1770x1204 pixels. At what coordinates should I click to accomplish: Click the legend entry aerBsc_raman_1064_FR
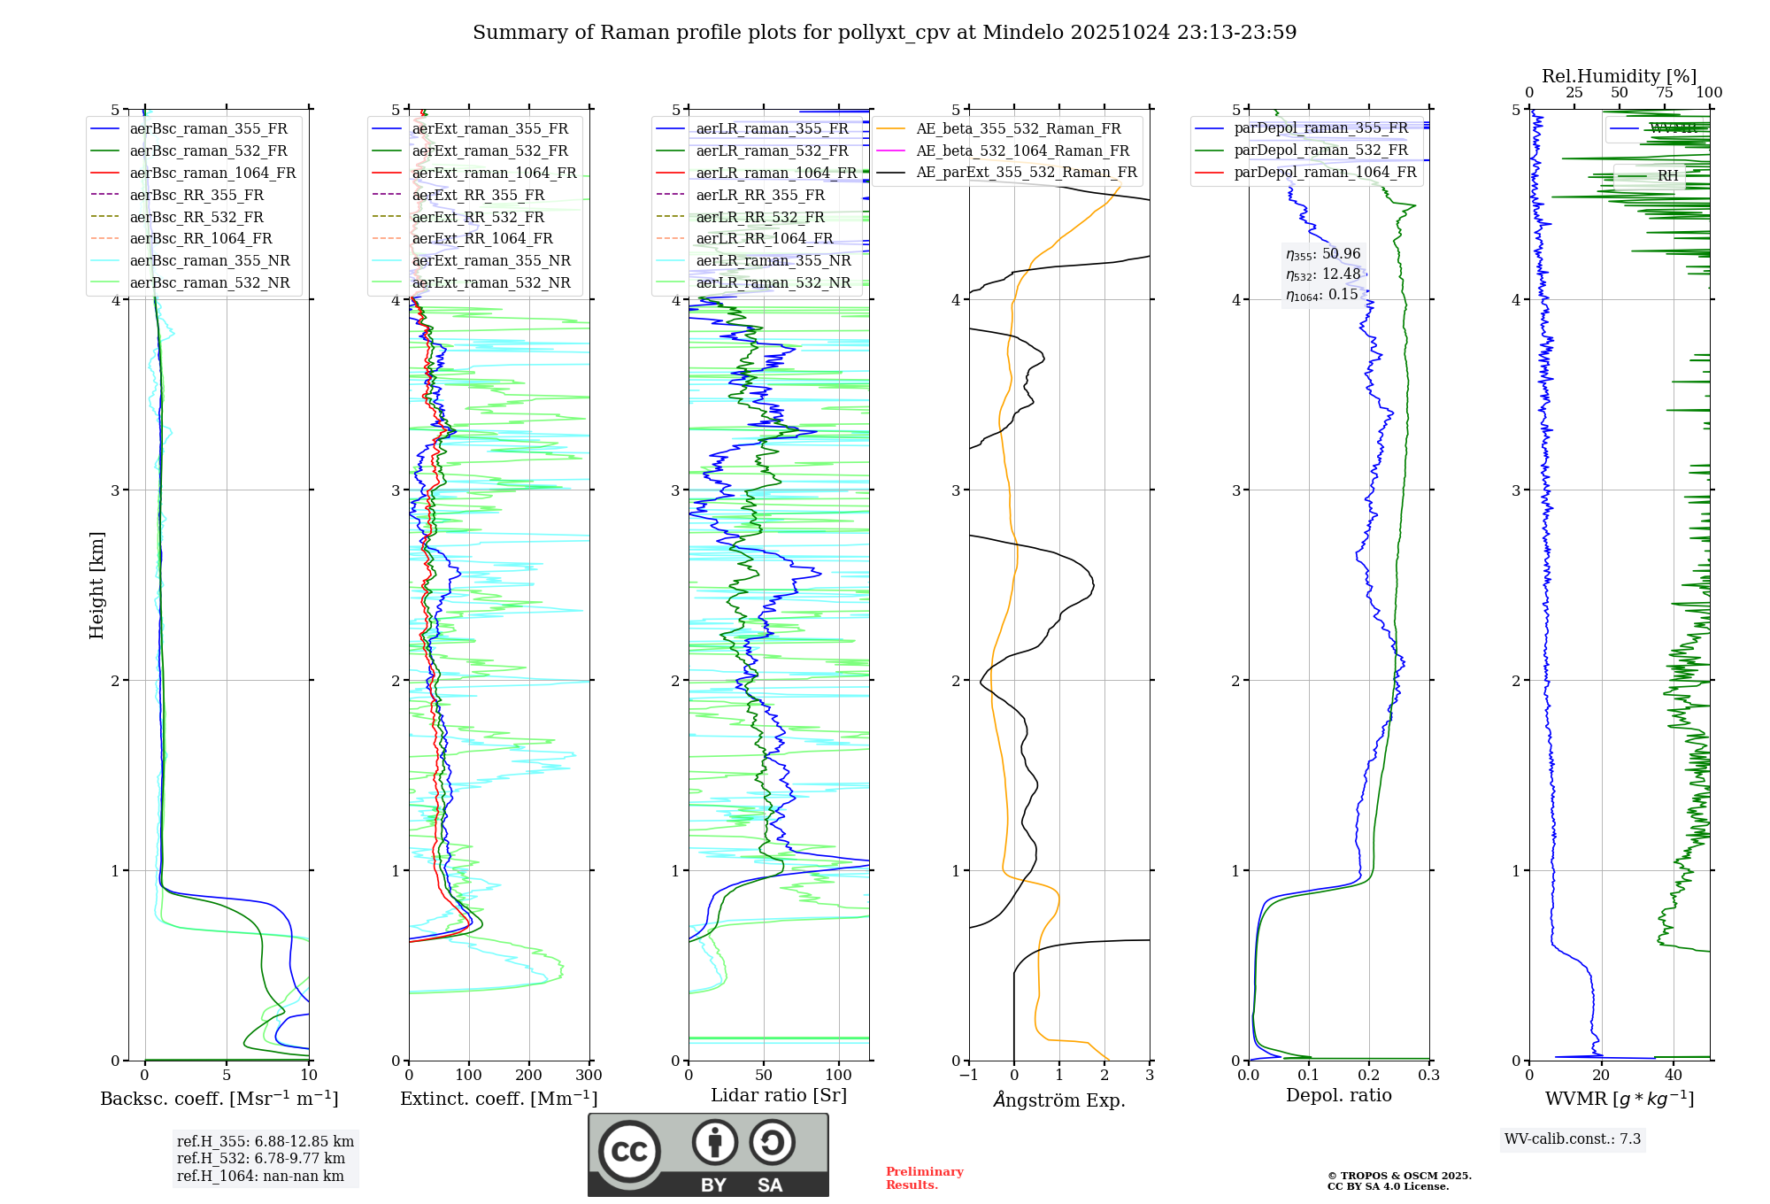(212, 174)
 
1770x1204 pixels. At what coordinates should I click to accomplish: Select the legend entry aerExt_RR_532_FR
(478, 217)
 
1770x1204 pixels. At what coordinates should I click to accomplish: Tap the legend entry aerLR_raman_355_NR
(773, 261)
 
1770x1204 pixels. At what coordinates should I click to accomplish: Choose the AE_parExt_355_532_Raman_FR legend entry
(1026, 173)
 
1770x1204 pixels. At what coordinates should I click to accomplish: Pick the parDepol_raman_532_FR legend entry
(1320, 150)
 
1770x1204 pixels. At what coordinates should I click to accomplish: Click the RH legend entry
(1667, 176)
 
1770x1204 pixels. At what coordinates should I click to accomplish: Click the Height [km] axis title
(96, 585)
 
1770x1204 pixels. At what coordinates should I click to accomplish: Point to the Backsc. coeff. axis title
(219, 1099)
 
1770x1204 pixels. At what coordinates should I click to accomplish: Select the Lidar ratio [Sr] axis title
(779, 1095)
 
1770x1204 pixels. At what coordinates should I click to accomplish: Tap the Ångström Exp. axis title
(1059, 1100)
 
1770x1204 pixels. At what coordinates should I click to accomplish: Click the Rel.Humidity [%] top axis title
(1619, 76)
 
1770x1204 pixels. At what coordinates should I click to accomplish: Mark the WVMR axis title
(1619, 1099)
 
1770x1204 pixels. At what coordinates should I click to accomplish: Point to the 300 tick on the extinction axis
(589, 1076)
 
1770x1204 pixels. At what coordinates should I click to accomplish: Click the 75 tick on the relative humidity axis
(1665, 93)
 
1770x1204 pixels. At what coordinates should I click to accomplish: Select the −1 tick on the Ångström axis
(968, 1076)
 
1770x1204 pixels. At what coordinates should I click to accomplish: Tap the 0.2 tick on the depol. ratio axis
(1369, 1076)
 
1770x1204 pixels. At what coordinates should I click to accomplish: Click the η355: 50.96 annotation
(1323, 254)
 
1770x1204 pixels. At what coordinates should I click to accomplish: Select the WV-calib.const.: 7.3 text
(1573, 1139)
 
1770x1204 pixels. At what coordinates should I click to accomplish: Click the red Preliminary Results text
(924, 1178)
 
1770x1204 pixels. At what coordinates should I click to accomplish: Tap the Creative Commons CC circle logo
(629, 1152)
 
